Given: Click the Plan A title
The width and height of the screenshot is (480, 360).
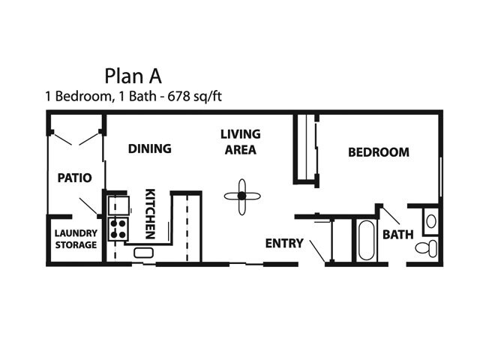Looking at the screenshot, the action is coord(133,76).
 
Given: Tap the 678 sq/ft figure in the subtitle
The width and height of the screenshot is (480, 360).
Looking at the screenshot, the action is coord(194,96).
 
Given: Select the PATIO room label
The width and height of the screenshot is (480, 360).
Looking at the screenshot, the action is coord(75,178).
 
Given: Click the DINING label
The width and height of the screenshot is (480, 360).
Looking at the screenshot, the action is coord(150,148).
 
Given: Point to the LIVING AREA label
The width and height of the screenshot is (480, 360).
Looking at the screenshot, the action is coord(241,142).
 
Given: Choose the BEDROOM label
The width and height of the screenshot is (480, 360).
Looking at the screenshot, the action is coord(379,152).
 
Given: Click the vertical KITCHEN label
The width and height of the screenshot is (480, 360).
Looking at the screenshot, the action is coord(150,214).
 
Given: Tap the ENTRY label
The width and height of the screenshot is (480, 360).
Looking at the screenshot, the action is coord(284,243).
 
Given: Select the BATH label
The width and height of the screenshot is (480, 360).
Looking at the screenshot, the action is coord(398,235).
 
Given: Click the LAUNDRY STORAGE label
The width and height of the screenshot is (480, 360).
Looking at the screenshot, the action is coord(76,239).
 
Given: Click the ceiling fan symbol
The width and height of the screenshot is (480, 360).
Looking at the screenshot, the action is coord(242,196).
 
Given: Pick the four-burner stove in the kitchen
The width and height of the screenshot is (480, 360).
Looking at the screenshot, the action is coord(118,229).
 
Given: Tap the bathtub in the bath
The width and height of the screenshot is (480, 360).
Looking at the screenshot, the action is coord(366,240).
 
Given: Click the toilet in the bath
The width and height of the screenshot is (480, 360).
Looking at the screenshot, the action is coord(427,248).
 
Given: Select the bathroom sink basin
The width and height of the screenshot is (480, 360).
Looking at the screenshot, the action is coord(431,221).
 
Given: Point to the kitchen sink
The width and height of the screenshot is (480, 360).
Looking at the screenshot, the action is coord(143,253).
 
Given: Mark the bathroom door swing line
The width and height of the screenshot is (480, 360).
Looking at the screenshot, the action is coord(391,215).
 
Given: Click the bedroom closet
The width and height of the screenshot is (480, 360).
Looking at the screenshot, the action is coord(306,149).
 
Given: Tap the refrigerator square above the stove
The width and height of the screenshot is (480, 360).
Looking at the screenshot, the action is coord(118,205).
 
